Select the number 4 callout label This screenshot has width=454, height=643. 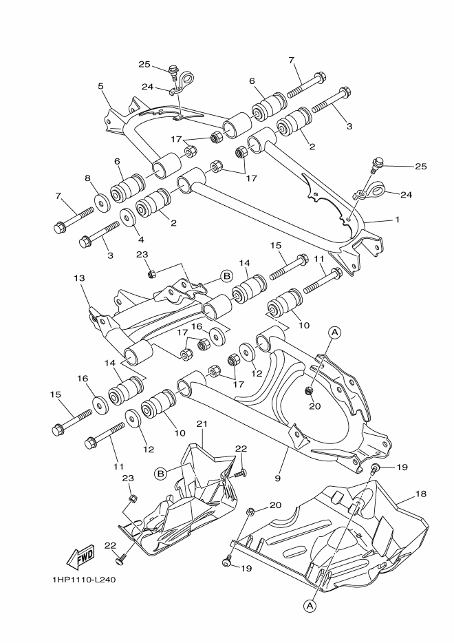pyautogui.click(x=142, y=240)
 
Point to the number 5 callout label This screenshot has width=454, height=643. pyautogui.click(x=101, y=87)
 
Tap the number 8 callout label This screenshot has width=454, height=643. pyautogui.click(x=87, y=178)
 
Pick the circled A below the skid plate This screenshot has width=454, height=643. pyautogui.click(x=310, y=605)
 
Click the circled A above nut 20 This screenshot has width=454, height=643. pyautogui.click(x=335, y=333)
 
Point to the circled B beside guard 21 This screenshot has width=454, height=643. pyautogui.click(x=160, y=473)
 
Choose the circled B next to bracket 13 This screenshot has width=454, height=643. pyautogui.click(x=208, y=276)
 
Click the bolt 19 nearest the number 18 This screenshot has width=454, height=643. pyautogui.click(x=376, y=470)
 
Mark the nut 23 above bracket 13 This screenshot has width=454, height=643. pyautogui.click(x=152, y=275)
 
